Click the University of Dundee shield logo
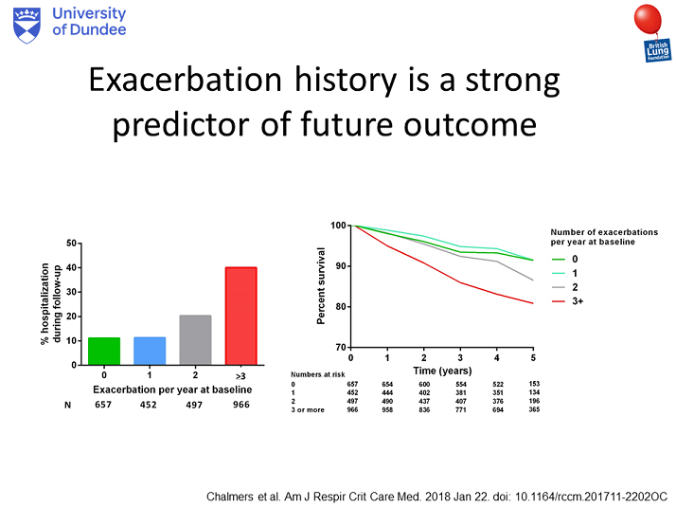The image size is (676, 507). (27, 26)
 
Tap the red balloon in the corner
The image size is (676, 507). (648, 19)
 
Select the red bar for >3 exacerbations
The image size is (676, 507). (241, 316)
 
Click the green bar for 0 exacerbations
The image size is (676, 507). (104, 352)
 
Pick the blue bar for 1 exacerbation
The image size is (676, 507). (150, 351)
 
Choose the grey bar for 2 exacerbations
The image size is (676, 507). (195, 340)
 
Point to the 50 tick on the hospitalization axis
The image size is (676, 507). (71, 244)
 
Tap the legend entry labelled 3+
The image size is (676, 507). (568, 301)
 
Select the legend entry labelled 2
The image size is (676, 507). (565, 287)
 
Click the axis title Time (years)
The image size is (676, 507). (442, 371)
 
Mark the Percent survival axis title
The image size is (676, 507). (321, 285)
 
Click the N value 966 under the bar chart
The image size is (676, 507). (241, 405)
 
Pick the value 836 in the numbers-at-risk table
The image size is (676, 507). (424, 409)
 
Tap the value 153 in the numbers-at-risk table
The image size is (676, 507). (534, 384)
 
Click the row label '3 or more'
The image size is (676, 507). (308, 409)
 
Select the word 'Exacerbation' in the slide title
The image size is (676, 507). (186, 80)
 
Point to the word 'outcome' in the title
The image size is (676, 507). (470, 125)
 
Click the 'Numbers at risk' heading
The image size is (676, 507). (318, 374)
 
